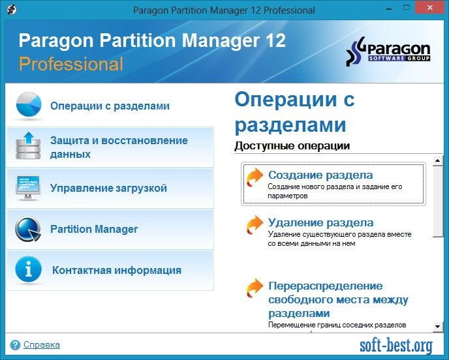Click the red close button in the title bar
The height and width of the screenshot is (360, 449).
click(430, 7)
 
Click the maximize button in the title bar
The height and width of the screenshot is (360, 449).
click(407, 7)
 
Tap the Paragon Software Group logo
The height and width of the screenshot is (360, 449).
click(388, 52)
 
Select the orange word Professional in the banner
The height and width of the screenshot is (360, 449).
click(71, 63)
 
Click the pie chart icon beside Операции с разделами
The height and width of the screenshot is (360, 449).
click(29, 105)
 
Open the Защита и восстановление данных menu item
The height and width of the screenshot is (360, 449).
click(119, 147)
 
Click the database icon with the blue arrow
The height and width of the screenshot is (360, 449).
click(28, 145)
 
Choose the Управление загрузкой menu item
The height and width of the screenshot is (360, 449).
click(108, 188)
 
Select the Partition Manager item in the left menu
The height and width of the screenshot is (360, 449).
click(94, 229)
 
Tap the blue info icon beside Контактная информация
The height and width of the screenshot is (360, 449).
click(28, 269)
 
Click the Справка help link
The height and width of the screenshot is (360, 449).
click(42, 344)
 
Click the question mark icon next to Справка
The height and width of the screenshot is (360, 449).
click(15, 345)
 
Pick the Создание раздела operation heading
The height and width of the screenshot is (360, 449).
click(320, 175)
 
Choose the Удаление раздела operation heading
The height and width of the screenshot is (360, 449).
click(320, 222)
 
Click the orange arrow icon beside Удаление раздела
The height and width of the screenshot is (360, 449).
click(255, 225)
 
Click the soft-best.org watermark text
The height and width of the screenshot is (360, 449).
click(396, 346)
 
